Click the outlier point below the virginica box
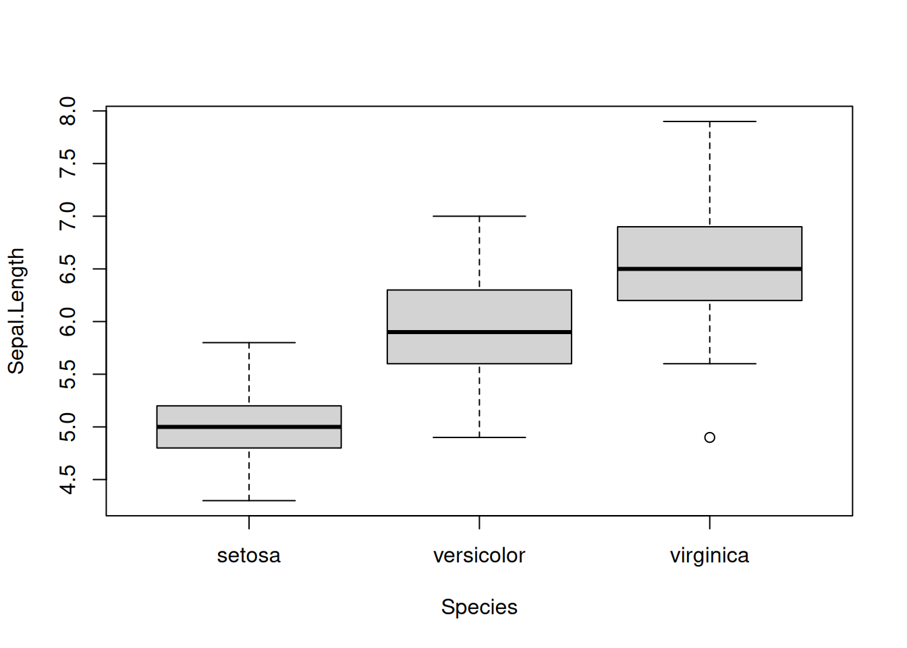709,437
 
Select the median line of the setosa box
249,427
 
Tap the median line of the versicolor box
479,332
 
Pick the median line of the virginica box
709,269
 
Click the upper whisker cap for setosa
249,343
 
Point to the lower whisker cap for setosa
249,501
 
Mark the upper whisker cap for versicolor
479,216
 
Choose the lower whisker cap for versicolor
479,437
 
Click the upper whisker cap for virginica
709,122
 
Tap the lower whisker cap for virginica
709,364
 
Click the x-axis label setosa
249,556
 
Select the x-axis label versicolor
479,556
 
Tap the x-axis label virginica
709,556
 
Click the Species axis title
479,607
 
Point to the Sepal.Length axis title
16,311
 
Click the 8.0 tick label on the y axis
67,111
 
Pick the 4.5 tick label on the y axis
67,479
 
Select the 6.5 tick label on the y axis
67,269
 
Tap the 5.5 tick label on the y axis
67,374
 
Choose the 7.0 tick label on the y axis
67,216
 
